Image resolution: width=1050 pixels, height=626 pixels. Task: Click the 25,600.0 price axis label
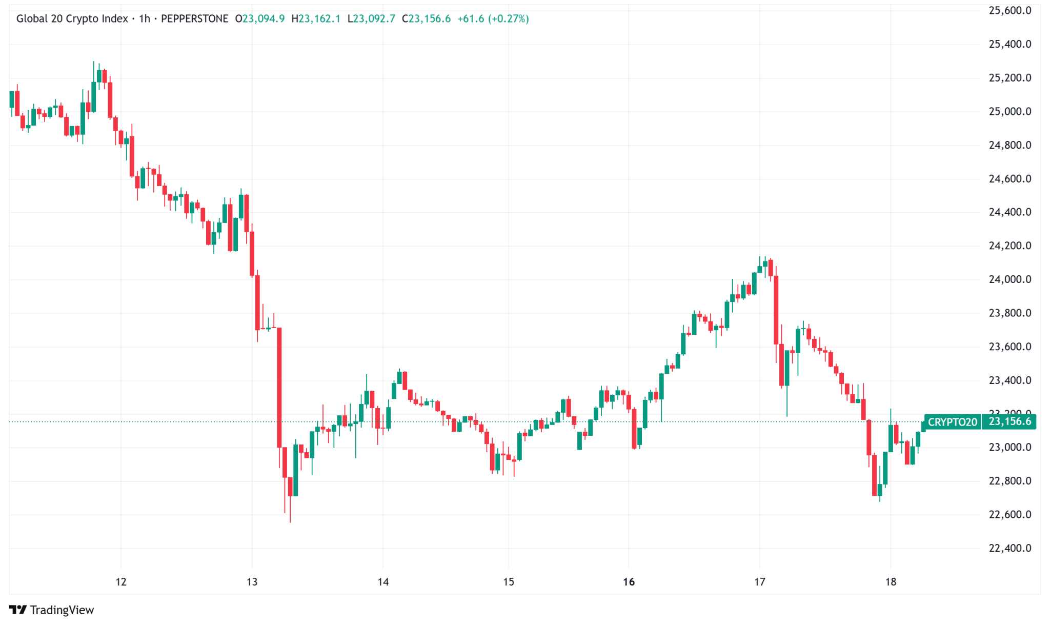[x=1009, y=11]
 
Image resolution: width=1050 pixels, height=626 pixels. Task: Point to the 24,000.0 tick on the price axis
[x=1009, y=279]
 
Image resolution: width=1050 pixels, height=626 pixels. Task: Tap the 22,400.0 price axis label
[x=1009, y=548]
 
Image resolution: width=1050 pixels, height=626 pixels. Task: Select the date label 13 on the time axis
[x=252, y=582]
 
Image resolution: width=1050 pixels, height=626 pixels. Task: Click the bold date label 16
[x=629, y=582]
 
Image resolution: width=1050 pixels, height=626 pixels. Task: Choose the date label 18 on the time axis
[x=891, y=582]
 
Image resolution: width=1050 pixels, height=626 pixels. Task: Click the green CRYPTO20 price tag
[x=952, y=422]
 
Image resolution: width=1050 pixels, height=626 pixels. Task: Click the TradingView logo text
[x=62, y=610]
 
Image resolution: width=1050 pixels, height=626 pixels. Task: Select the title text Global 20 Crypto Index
[x=72, y=19]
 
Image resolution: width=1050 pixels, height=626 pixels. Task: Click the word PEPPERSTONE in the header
[x=194, y=19]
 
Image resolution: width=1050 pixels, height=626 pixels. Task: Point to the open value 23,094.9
[x=263, y=19]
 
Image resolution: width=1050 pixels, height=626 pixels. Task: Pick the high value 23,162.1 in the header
[x=319, y=19]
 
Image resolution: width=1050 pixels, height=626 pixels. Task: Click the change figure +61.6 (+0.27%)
[x=493, y=19]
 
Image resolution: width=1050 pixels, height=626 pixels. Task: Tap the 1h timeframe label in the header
[x=145, y=19]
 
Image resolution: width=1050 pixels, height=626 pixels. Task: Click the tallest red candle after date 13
[x=279, y=387]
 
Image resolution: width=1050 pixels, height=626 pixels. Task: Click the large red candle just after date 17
[x=776, y=310]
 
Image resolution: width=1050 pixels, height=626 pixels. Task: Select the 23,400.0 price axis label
[x=1009, y=380]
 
